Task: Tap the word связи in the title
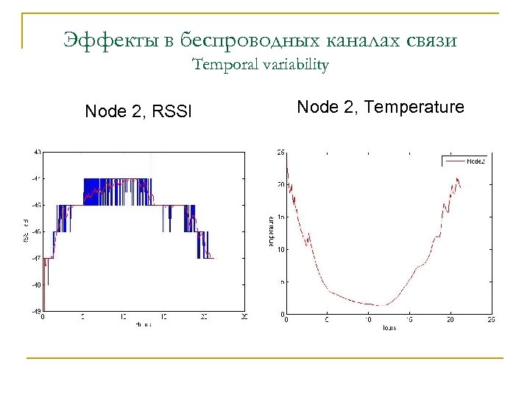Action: pos(431,40)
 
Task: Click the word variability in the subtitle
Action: pos(294,65)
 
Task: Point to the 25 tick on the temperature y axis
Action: pos(280,153)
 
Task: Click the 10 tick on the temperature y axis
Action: pos(280,250)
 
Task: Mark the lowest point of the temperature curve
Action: pos(381,305)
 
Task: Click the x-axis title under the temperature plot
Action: pos(389,327)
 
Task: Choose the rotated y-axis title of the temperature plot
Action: pos(271,231)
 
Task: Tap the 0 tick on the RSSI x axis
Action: pos(42,318)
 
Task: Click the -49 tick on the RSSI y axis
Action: pos(36,311)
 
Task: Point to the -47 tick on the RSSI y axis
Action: pos(36,258)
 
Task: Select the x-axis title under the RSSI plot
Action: pos(143,324)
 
